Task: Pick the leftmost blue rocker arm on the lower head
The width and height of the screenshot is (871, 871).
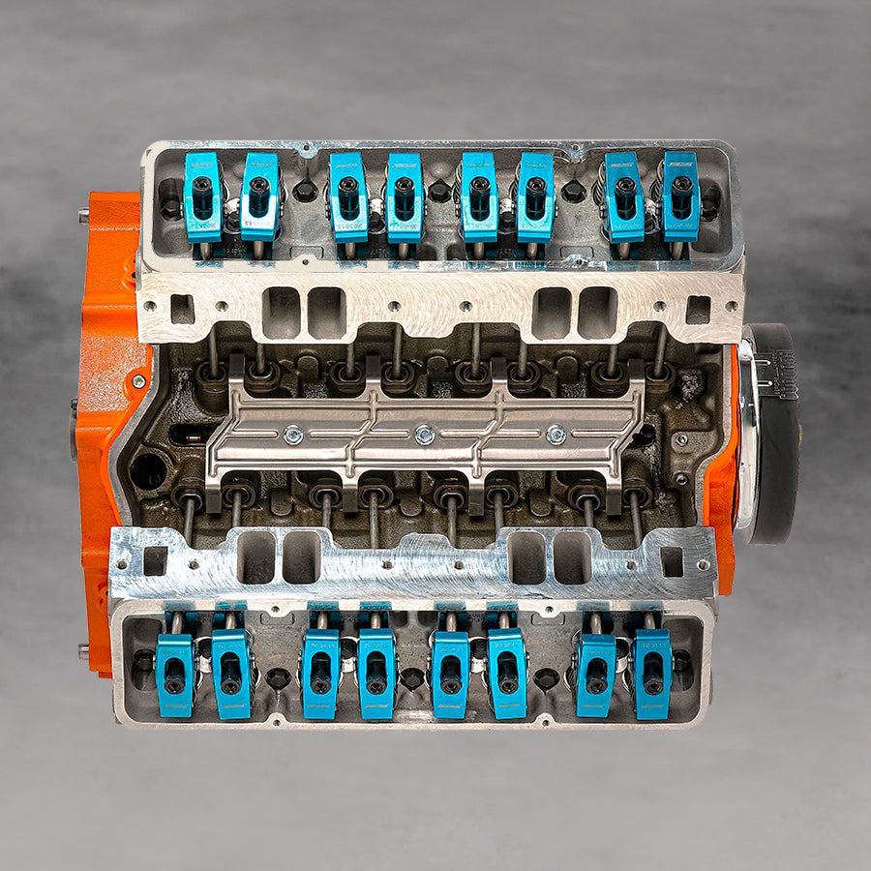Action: point(175,674)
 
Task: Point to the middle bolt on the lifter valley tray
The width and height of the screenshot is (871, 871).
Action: point(424,435)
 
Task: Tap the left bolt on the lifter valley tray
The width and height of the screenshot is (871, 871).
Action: point(294,435)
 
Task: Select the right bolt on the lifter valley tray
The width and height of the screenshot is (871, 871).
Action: point(556,435)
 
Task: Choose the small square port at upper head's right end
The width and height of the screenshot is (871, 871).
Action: point(698,309)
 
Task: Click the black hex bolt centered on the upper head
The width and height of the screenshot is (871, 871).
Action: point(439,191)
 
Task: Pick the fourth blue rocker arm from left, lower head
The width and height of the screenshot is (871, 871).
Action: point(376,674)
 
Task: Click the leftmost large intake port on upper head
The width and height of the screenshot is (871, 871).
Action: point(281,312)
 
